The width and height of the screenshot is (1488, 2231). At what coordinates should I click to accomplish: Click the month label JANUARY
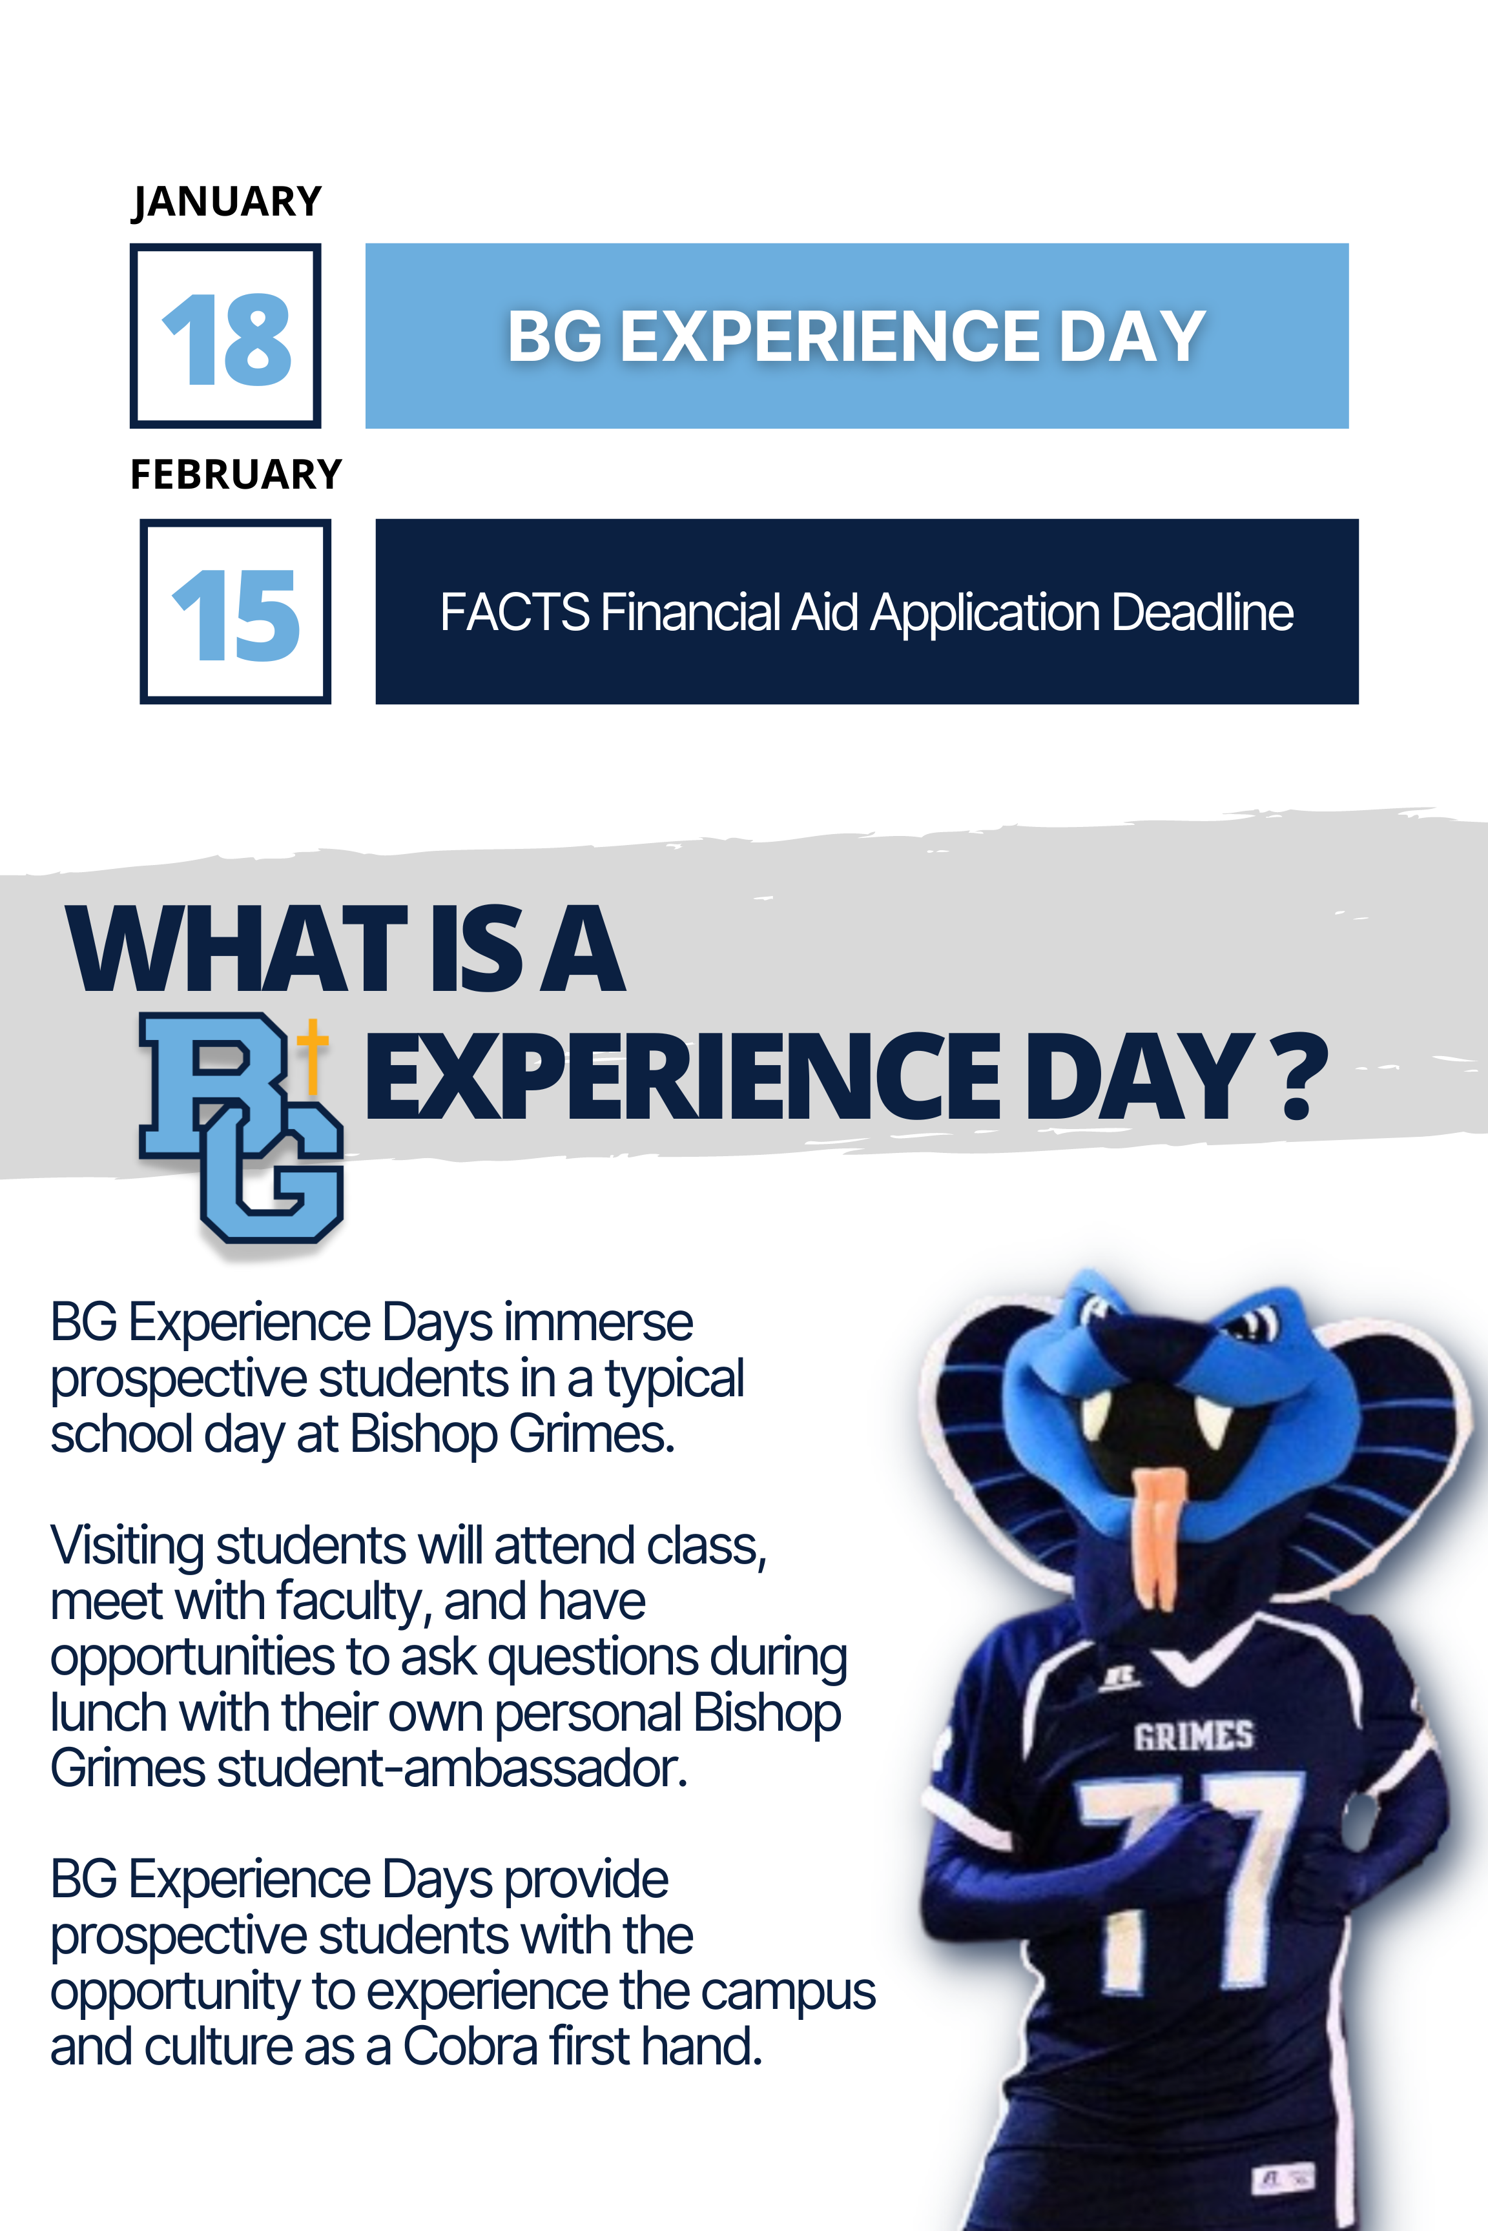tap(227, 202)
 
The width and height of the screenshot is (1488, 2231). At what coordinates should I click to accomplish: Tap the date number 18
tap(227, 339)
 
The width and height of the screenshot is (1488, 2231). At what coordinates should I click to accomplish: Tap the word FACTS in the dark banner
tap(514, 612)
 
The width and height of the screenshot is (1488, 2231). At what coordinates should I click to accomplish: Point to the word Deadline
tap(1203, 612)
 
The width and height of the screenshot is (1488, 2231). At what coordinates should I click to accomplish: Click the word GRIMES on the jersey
tap(1193, 1736)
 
